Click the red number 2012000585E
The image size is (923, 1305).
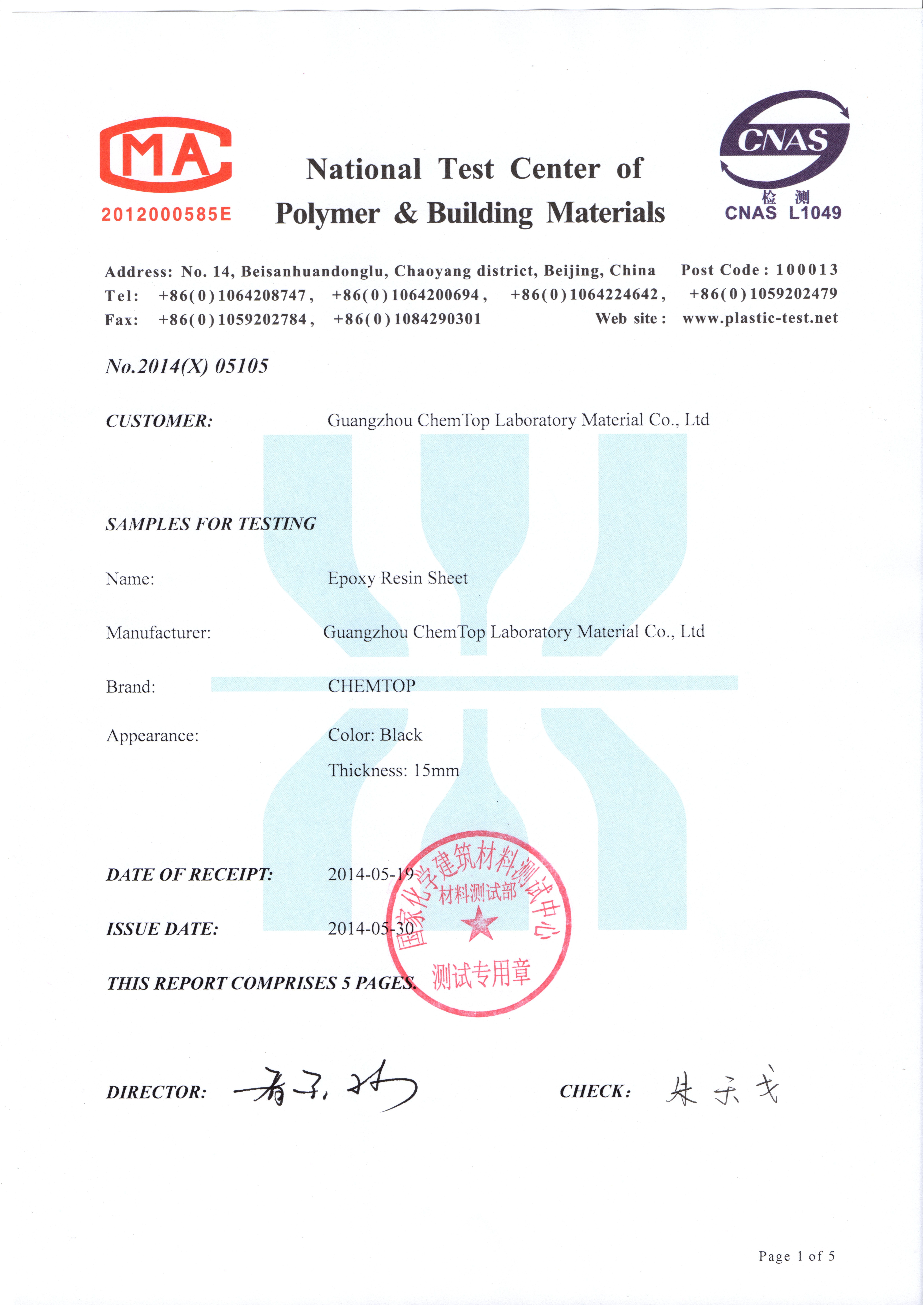click(x=166, y=214)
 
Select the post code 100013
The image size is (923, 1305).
click(x=807, y=269)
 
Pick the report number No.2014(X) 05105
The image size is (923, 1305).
click(x=187, y=366)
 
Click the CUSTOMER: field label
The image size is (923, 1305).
click(x=159, y=421)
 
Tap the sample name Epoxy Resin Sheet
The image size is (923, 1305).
click(x=397, y=578)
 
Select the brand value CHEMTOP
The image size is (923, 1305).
click(x=371, y=686)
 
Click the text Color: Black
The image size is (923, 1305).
click(x=375, y=735)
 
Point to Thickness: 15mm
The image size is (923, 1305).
click(x=394, y=771)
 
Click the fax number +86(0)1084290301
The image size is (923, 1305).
click(x=407, y=319)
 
